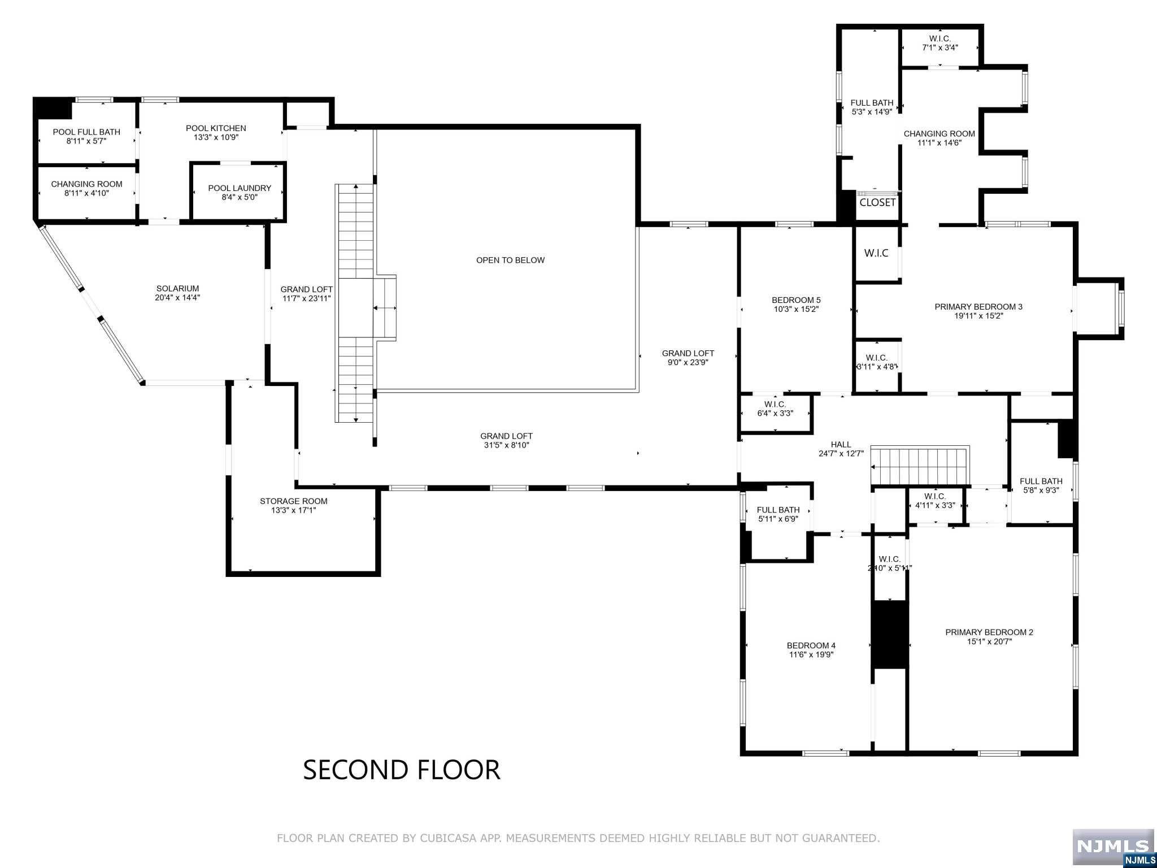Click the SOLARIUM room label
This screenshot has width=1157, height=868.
pos(177,288)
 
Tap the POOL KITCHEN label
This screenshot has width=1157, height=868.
pos(216,128)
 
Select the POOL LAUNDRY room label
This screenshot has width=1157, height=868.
pos(240,188)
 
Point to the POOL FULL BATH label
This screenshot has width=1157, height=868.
pos(86,132)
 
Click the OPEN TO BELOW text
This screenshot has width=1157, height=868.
pos(510,261)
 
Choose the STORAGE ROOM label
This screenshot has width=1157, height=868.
pos(293,501)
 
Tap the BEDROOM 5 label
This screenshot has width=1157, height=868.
pos(796,300)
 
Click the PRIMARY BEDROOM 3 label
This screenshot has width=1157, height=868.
pos(978,307)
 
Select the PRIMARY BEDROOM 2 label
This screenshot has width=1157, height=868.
pos(989,632)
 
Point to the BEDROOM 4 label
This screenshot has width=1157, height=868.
pos(811,645)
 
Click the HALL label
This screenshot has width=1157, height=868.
pos(841,445)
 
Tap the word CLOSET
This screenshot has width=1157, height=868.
pos(877,202)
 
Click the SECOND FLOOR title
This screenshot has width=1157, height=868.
pos(402,770)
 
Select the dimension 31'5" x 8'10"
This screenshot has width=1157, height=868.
pos(506,445)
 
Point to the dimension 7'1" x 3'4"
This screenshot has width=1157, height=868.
pos(940,48)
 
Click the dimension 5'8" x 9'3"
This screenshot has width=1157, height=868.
pos(1041,491)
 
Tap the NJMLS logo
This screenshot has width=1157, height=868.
pos(1113,847)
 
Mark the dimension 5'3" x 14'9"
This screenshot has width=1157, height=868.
pos(872,112)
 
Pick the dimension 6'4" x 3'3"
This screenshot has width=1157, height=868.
pos(775,413)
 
